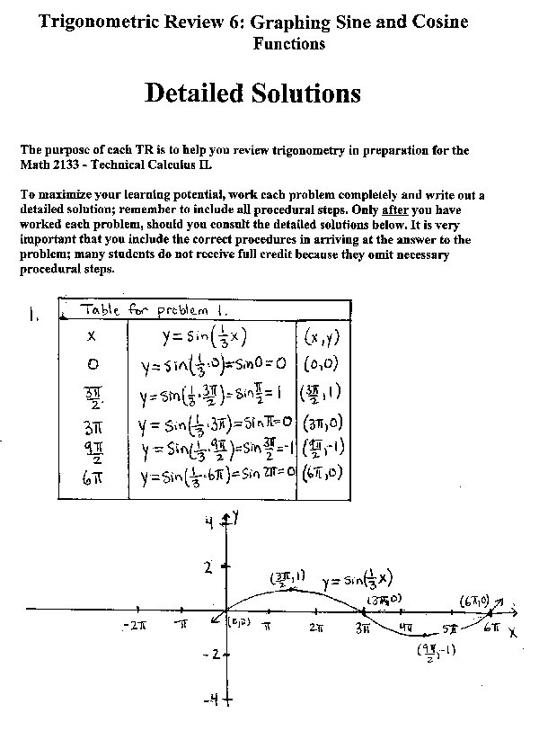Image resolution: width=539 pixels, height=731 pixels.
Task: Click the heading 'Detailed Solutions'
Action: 252,93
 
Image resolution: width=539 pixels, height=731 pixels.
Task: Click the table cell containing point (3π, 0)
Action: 322,423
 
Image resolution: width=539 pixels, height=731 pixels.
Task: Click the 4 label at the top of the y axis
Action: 208,524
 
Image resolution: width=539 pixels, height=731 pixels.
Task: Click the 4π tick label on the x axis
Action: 406,627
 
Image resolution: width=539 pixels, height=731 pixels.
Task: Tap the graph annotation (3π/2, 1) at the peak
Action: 287,578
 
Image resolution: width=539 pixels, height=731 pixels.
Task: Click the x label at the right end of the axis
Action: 512,632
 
